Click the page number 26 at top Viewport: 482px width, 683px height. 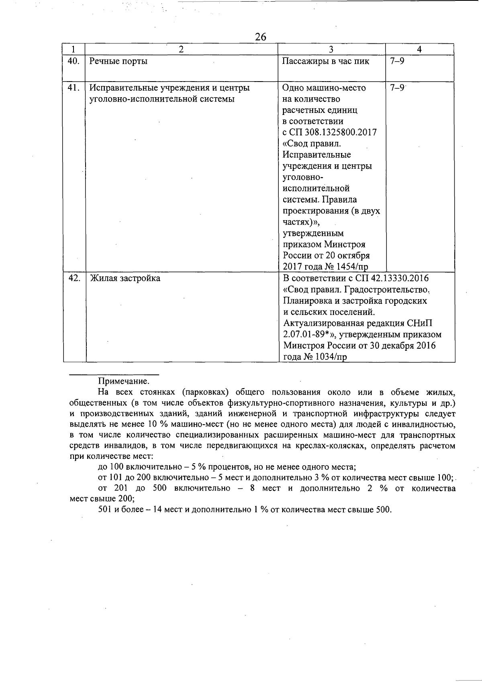click(261, 37)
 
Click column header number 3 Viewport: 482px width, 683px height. click(331, 49)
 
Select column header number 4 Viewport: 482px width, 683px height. click(419, 49)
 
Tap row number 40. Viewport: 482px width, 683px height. click(74, 61)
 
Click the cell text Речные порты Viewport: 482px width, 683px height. click(118, 61)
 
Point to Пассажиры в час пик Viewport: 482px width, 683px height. click(326, 61)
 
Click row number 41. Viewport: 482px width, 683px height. click(74, 88)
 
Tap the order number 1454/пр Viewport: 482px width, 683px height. click(350, 267)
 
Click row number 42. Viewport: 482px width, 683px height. click(74, 278)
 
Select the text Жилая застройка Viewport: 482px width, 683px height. click(125, 278)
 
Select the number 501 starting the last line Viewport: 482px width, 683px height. click(104, 510)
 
